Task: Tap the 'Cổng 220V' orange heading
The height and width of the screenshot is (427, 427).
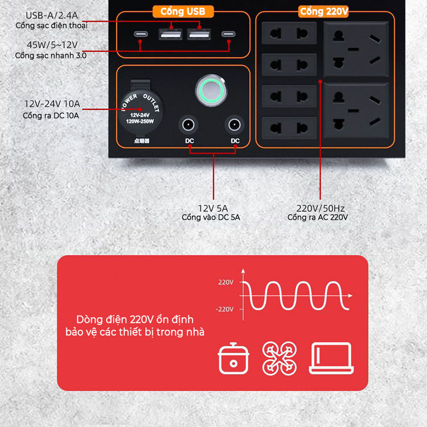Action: (325, 11)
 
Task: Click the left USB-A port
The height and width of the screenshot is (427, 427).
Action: (169, 35)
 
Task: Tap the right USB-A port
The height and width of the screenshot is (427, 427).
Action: (198, 35)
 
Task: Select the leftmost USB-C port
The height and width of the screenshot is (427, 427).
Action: (140, 35)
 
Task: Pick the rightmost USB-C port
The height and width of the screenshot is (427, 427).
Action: (228, 35)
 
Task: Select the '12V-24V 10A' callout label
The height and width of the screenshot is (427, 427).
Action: (52, 104)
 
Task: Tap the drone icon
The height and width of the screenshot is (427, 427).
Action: (279, 358)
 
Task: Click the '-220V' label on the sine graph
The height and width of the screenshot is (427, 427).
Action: (225, 309)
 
